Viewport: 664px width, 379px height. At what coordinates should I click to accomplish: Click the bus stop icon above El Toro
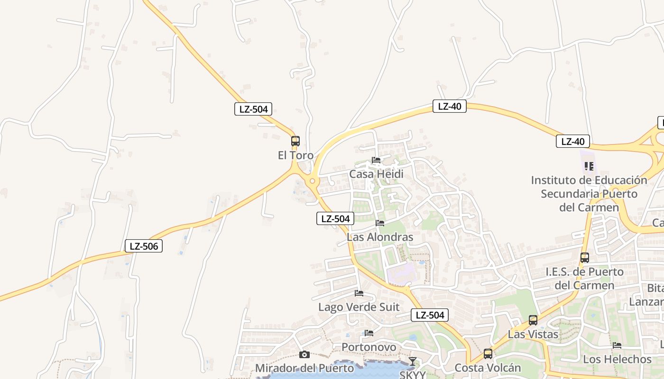[295, 141]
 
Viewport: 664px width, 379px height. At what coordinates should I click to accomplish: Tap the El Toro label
[295, 155]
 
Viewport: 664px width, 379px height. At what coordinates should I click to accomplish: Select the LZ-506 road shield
[144, 246]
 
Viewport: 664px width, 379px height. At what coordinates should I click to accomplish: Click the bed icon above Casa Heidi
[376, 160]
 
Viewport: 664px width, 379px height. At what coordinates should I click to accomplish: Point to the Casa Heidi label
[376, 174]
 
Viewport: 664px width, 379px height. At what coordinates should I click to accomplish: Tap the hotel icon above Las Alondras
[380, 223]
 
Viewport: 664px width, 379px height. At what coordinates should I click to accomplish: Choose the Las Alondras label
[380, 237]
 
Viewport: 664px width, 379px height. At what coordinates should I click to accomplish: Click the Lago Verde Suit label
[359, 307]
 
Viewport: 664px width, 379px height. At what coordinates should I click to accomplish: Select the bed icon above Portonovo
[369, 333]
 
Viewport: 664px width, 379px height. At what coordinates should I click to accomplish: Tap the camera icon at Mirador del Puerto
[304, 354]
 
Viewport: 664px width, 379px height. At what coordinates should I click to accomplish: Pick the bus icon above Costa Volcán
[488, 354]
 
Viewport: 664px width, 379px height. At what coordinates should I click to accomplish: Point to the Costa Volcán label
[488, 368]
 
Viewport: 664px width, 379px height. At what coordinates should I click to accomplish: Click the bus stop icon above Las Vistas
[533, 320]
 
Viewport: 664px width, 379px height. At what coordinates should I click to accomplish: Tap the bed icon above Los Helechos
[617, 345]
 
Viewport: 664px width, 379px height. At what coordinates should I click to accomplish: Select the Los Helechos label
[617, 359]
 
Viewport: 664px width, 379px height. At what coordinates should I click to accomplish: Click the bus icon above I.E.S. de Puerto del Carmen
[585, 258]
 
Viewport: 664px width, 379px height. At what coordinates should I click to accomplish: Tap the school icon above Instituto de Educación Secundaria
[589, 166]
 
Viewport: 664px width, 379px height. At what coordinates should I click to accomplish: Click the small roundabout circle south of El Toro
[312, 181]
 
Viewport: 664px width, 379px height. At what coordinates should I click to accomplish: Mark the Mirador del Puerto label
[304, 368]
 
